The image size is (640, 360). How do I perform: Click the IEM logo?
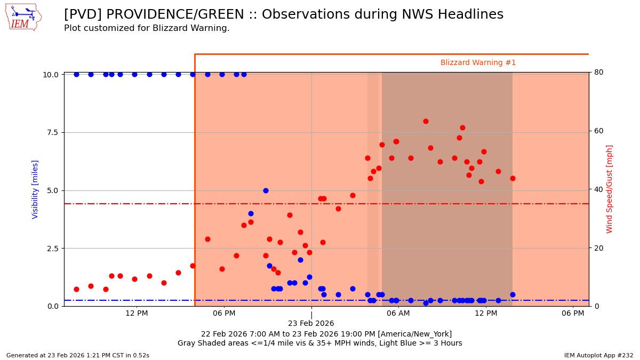(23, 18)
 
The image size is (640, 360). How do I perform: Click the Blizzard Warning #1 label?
(478, 63)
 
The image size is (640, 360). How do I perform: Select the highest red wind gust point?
(426, 121)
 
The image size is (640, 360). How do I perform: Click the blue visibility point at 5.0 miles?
(266, 190)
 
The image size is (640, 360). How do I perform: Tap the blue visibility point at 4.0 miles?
(251, 213)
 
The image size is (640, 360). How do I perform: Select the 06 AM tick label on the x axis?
(398, 313)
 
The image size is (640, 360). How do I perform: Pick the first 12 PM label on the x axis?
(137, 313)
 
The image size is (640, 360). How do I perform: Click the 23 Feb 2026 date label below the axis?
(311, 324)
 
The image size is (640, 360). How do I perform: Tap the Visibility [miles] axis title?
(35, 189)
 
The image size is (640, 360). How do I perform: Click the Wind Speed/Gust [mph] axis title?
(610, 189)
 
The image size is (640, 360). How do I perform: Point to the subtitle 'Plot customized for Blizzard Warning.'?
(147, 28)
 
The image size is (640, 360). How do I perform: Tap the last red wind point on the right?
(513, 178)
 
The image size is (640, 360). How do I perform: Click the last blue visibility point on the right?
(513, 294)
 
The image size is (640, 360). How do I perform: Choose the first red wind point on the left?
(76, 289)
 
